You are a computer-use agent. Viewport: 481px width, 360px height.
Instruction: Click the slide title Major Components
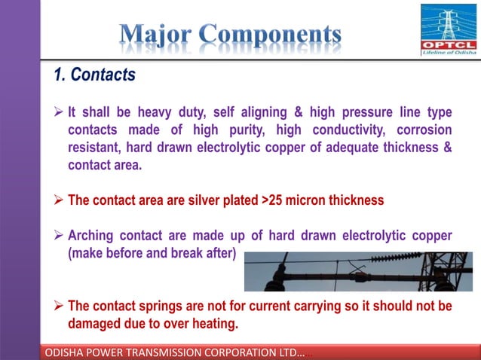coord(230,34)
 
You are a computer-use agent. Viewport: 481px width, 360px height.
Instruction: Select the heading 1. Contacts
coord(94,75)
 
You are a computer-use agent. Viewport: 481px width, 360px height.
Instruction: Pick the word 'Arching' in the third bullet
coord(92,236)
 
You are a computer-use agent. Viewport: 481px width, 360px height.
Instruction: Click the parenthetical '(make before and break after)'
coord(152,253)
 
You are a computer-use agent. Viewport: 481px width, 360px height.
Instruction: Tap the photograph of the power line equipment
coord(358,271)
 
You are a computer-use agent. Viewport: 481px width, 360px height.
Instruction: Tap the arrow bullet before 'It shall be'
coord(58,113)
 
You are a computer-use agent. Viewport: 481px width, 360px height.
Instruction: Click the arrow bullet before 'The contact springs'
coord(58,307)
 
